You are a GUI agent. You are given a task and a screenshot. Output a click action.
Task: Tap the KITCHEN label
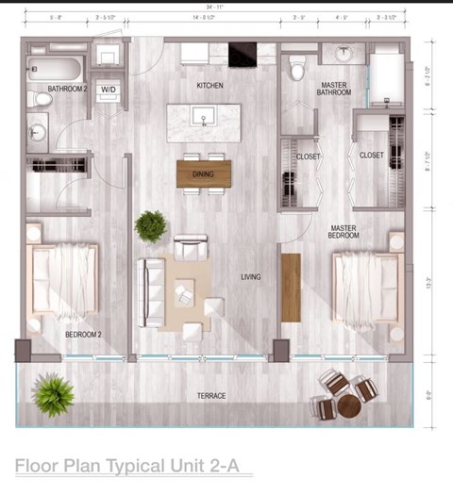coord(209,85)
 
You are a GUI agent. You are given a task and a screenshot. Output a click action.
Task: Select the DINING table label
coord(203,173)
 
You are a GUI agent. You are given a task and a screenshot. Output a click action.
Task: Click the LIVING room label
coord(250,277)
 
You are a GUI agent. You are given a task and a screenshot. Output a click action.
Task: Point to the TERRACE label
coord(210,396)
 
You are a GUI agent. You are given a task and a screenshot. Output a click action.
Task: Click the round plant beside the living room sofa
coord(150,226)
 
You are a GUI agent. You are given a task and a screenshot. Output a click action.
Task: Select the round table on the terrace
coord(349,405)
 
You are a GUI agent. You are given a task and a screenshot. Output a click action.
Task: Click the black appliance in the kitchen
coord(242,54)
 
